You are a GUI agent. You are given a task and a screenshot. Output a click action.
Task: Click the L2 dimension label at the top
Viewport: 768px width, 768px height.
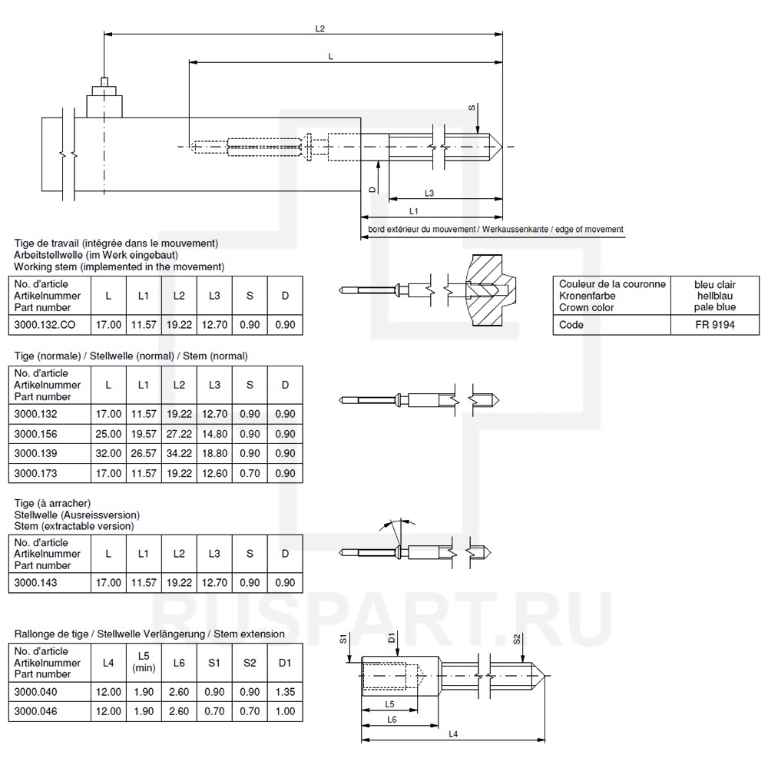[x=319, y=28]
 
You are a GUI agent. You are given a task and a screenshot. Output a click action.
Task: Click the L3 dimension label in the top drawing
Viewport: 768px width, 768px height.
[x=429, y=194]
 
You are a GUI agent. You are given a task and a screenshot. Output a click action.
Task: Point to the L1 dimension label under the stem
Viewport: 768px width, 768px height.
[x=414, y=210]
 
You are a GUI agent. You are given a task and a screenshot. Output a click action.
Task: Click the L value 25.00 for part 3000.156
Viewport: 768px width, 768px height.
[x=108, y=433]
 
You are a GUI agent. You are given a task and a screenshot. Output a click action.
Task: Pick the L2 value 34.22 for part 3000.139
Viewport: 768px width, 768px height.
[x=179, y=453]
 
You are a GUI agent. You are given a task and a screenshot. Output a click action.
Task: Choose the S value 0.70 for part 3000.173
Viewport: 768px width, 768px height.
[x=250, y=473]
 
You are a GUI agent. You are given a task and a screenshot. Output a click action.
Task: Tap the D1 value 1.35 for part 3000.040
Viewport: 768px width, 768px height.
[x=285, y=692]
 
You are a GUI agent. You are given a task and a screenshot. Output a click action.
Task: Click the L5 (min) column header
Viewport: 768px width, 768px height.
[x=143, y=662]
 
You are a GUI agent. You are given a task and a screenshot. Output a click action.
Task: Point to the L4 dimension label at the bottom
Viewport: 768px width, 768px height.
[x=452, y=733]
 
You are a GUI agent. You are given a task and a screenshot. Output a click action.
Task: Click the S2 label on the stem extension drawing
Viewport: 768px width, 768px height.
[x=517, y=639]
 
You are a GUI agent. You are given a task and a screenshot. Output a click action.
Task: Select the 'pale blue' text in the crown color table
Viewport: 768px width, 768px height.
[x=714, y=307]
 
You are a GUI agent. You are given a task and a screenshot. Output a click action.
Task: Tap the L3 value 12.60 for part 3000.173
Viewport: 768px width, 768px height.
[x=214, y=473]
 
